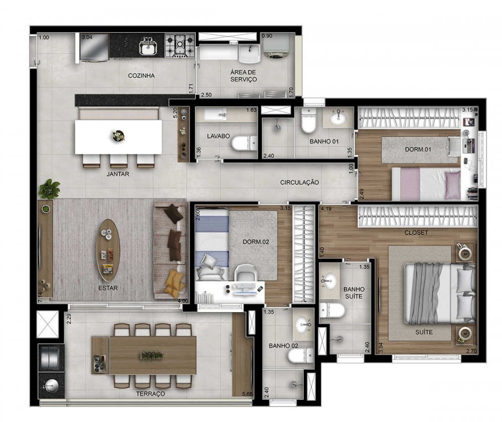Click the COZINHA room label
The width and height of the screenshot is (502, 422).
click(141, 76)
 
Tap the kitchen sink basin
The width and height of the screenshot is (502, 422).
click(148, 48)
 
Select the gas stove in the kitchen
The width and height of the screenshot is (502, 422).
click(180, 46)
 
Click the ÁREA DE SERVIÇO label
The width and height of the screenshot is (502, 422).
click(243, 76)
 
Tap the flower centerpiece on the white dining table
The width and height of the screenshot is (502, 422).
click(118, 135)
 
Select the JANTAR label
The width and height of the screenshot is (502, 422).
click(118, 174)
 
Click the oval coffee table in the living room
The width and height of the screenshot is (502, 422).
click(108, 250)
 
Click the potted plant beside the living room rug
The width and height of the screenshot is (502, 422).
click(49, 189)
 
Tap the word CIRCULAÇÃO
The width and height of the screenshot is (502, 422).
click(299, 182)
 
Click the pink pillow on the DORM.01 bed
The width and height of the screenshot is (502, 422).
click(452, 185)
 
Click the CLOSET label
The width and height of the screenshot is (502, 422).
click(416, 233)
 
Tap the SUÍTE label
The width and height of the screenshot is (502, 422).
click(424, 332)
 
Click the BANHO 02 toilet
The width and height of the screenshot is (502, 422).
click(301, 356)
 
